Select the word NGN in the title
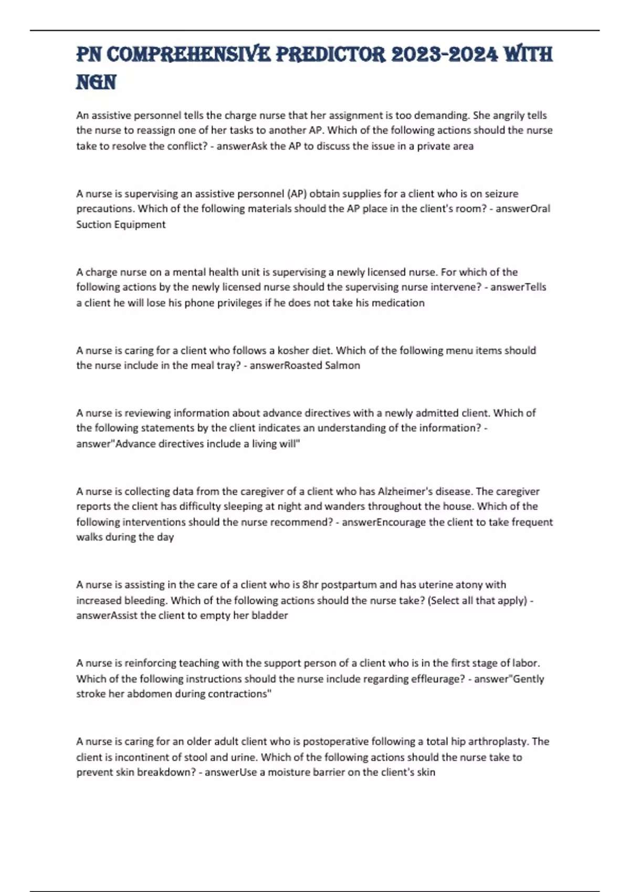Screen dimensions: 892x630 click(96, 82)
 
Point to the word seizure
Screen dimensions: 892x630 click(501, 194)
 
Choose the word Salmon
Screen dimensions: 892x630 click(342, 365)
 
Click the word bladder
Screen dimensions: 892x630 click(270, 615)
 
